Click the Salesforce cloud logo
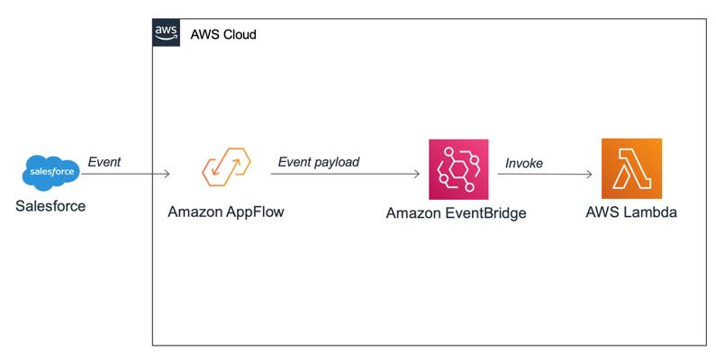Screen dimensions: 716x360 pyautogui.click(x=51, y=173)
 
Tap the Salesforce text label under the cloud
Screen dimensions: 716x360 pyautogui.click(x=50, y=206)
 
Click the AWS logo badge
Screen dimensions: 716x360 pyautogui.click(x=167, y=32)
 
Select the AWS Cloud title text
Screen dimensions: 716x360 pyautogui.click(x=223, y=34)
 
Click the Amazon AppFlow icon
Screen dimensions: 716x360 pyautogui.click(x=226, y=166)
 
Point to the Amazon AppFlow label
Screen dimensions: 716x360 pyautogui.click(x=226, y=211)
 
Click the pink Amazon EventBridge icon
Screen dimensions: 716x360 pyautogui.click(x=458, y=169)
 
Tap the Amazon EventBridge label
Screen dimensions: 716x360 pyautogui.click(x=457, y=213)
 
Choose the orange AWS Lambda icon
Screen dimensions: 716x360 pyautogui.click(x=631, y=169)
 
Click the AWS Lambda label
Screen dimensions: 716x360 pyautogui.click(x=631, y=212)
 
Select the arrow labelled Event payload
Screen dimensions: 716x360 pyautogui.click(x=345, y=174)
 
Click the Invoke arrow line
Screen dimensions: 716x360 pyautogui.click(x=545, y=174)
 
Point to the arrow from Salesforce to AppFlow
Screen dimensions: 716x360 pyautogui.click(x=125, y=174)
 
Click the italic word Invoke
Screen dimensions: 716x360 pyautogui.click(x=524, y=163)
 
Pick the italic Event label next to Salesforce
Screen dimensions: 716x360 pyautogui.click(x=104, y=162)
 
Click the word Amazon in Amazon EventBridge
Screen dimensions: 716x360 pyautogui.click(x=413, y=213)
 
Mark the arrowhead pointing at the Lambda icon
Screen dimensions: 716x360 pyautogui.click(x=590, y=174)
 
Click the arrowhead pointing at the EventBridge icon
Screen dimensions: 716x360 pyautogui.click(x=417, y=174)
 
